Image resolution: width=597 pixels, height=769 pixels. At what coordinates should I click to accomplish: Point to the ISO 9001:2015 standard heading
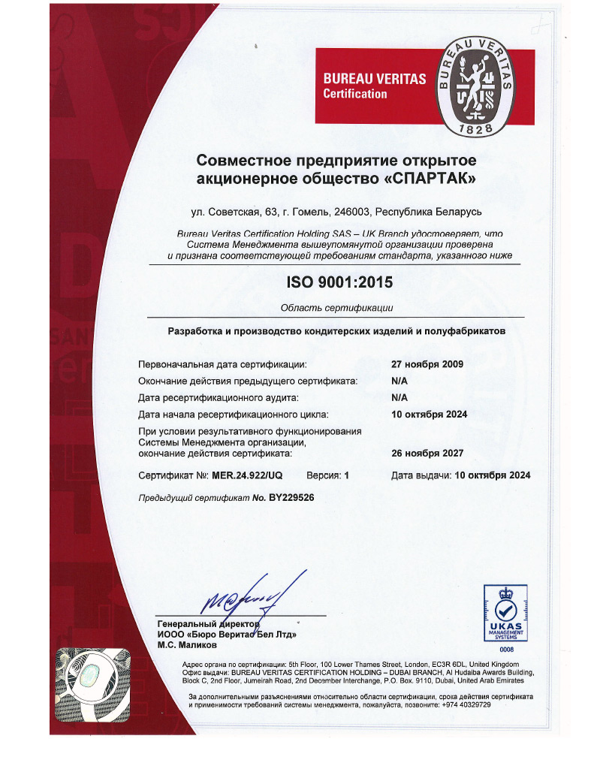[x=339, y=283]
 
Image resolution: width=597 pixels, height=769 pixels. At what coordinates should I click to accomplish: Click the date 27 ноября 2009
[x=427, y=364]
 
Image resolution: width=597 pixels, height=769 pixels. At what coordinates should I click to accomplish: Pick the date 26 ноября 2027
[x=427, y=453]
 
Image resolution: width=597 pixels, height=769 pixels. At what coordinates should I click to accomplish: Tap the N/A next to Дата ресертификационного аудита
[x=400, y=397]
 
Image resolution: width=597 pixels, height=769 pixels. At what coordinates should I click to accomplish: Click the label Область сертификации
[x=336, y=308]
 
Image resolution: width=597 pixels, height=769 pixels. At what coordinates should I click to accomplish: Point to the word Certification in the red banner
[x=354, y=94]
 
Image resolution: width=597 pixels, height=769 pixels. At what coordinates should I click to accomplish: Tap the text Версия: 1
[x=327, y=476]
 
